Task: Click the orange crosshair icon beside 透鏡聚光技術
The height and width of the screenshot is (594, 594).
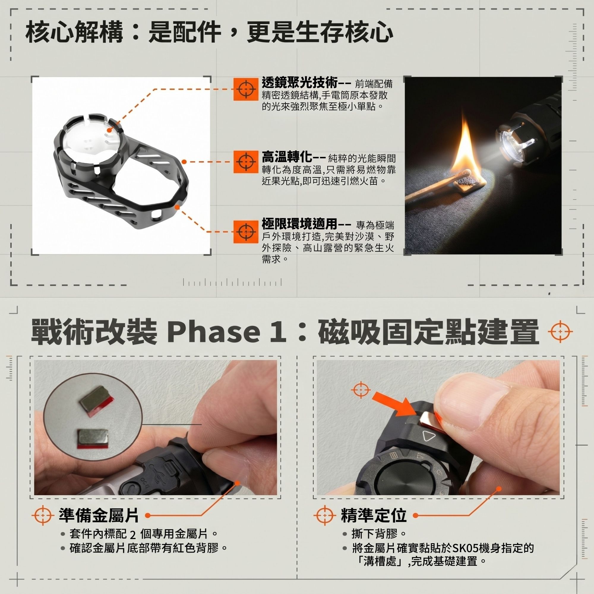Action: point(245,89)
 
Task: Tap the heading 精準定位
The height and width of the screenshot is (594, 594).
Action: point(373,515)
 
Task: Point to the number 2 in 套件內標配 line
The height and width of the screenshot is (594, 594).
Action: point(132,535)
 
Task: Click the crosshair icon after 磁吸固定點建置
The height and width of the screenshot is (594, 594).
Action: point(560,332)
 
